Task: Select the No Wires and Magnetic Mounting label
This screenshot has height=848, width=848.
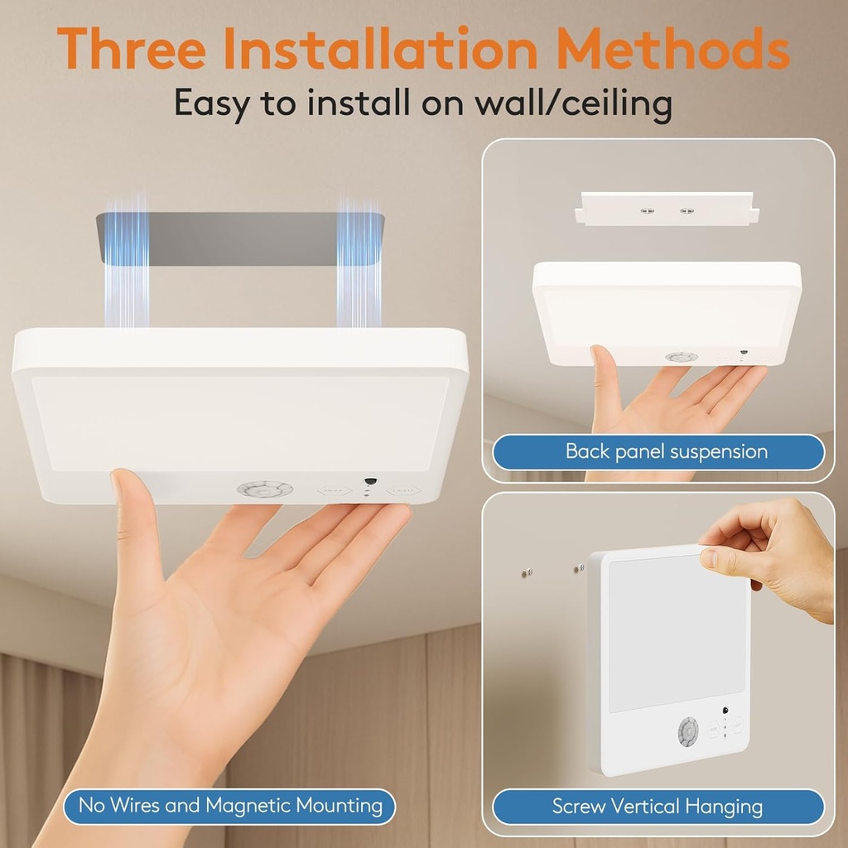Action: tap(230, 805)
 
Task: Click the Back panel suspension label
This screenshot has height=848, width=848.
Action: tap(666, 451)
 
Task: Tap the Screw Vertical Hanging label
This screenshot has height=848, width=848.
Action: tap(658, 806)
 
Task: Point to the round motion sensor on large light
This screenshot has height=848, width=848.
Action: tap(265, 489)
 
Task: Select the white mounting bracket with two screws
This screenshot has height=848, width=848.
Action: tap(667, 210)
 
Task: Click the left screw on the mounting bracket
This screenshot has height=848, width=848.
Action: tap(647, 210)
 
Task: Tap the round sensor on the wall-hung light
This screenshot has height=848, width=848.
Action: tap(688, 731)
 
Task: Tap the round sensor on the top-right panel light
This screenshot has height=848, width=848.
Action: tap(681, 357)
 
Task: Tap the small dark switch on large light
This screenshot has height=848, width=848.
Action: tap(370, 481)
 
